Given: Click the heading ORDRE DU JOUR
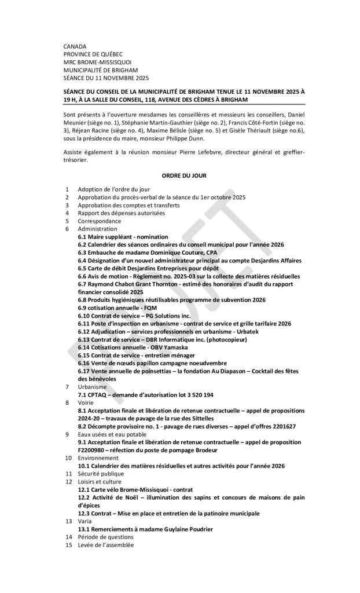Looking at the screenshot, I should (x=179, y=175).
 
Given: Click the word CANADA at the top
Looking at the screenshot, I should (x=75, y=46).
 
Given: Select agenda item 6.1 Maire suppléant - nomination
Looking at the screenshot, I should (x=123, y=237).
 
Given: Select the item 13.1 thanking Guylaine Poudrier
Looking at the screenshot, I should (x=145, y=529).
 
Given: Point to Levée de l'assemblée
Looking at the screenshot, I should (x=105, y=545).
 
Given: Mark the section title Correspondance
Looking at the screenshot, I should (x=100, y=221).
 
